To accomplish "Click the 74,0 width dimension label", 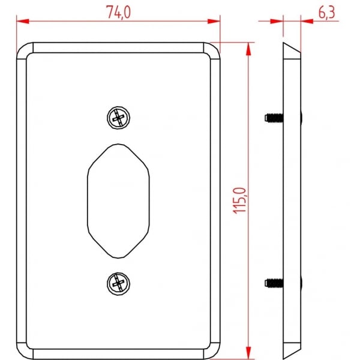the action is point(118,12).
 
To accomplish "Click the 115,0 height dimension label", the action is point(239,200).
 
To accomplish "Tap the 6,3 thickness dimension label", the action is point(326,13).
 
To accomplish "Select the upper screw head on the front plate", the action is point(118,118).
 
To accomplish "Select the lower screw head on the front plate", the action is point(118,284).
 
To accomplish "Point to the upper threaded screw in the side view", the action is point(274,118).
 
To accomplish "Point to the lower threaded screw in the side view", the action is point(274,283).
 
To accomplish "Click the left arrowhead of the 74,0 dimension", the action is point(23,22).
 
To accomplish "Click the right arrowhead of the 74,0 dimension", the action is point(214,22).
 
